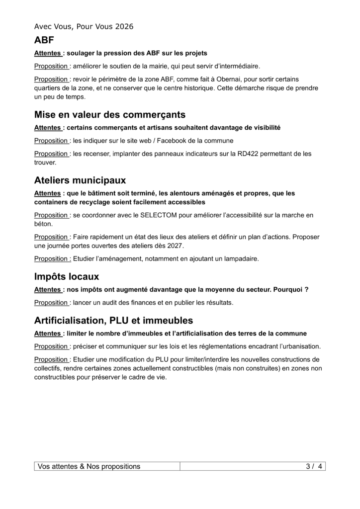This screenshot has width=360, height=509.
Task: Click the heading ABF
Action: point(44,40)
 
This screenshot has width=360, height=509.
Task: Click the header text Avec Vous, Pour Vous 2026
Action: point(84,26)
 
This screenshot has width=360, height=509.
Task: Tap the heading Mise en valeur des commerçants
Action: point(110,115)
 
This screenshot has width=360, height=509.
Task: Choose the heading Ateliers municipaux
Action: point(80,179)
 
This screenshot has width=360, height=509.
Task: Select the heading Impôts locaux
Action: point(67,276)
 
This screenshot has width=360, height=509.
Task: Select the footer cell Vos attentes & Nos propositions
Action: point(90,466)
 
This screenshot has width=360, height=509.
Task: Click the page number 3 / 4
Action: point(314,466)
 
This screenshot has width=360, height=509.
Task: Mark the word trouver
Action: point(45,163)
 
